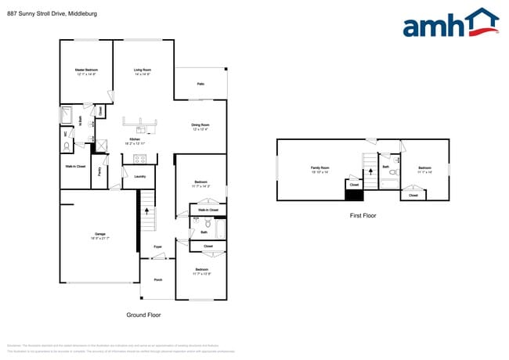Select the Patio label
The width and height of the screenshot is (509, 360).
[200, 84]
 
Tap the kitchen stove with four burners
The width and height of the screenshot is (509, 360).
[140, 159]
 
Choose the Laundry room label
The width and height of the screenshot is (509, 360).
[140, 176]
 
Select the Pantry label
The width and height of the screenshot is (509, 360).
[100, 172]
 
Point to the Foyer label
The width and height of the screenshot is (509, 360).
[157, 247]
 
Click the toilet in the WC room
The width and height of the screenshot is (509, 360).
[67, 146]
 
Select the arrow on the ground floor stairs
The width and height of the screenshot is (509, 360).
[146, 211]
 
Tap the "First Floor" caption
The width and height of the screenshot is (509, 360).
[363, 214]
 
